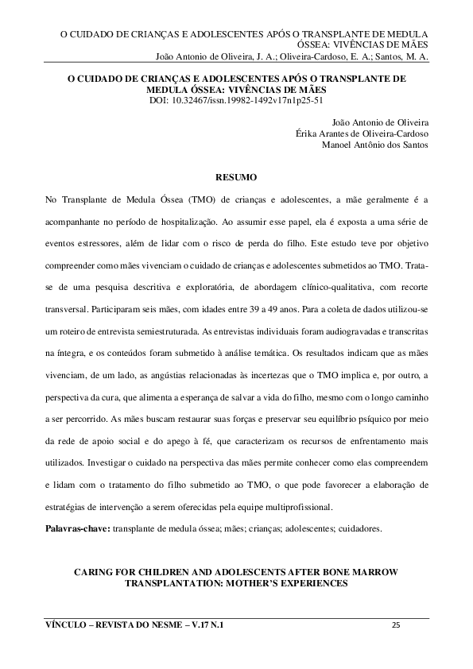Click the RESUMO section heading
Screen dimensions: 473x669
coord(236,175)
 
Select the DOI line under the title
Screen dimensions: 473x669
coord(236,101)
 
